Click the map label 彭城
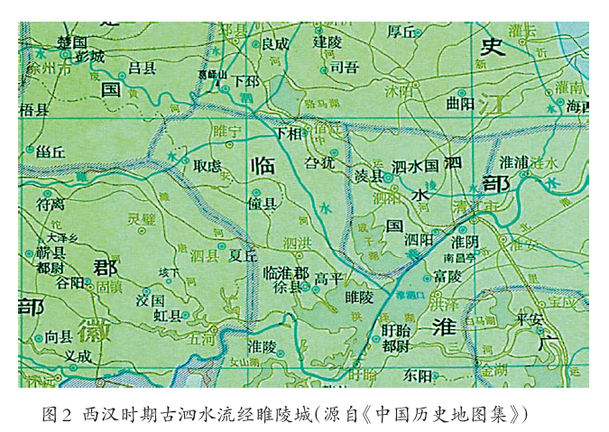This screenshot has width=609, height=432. coord(90,57)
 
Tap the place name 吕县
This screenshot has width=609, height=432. coord(142,68)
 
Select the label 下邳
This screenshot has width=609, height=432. coord(245,80)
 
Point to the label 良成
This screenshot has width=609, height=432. coord(275,43)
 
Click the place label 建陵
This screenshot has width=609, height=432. coord(328,41)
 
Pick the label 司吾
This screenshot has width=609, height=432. coord(345,66)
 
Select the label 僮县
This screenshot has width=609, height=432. coord(261,205)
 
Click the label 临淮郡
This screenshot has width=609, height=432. coord(286,272)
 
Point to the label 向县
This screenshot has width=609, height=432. coord(58,336)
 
